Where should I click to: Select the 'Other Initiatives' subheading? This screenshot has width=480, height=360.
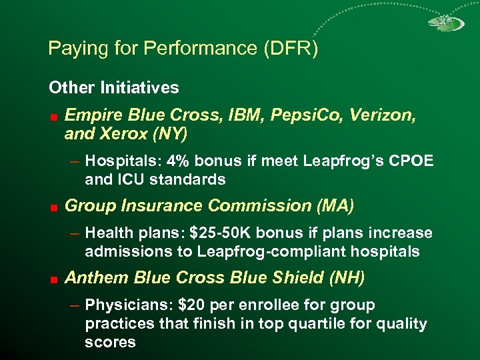pos(113,87)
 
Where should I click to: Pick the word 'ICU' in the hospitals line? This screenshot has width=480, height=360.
pos(127,179)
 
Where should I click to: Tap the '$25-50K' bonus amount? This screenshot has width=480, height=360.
pos(217,233)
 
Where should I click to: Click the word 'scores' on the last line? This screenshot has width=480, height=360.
pos(110,342)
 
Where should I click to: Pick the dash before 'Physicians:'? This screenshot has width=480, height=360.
pos(75,306)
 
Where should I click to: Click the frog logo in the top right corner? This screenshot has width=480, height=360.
pos(441,23)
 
